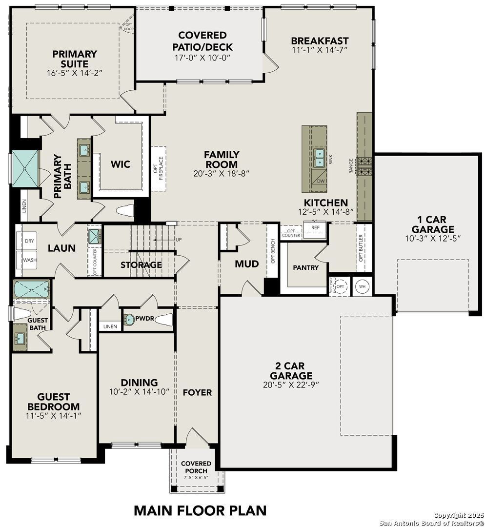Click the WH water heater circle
point(362,286)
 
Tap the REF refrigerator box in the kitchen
point(315,228)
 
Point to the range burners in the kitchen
point(364,166)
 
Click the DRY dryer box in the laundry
point(29,241)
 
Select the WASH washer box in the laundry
point(29,260)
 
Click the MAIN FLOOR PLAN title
point(200,510)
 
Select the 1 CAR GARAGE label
point(432,224)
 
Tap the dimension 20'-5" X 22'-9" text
point(291,385)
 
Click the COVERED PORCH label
point(196,466)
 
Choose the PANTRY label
point(305,267)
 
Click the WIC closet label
point(120,164)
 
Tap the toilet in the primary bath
point(125,210)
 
